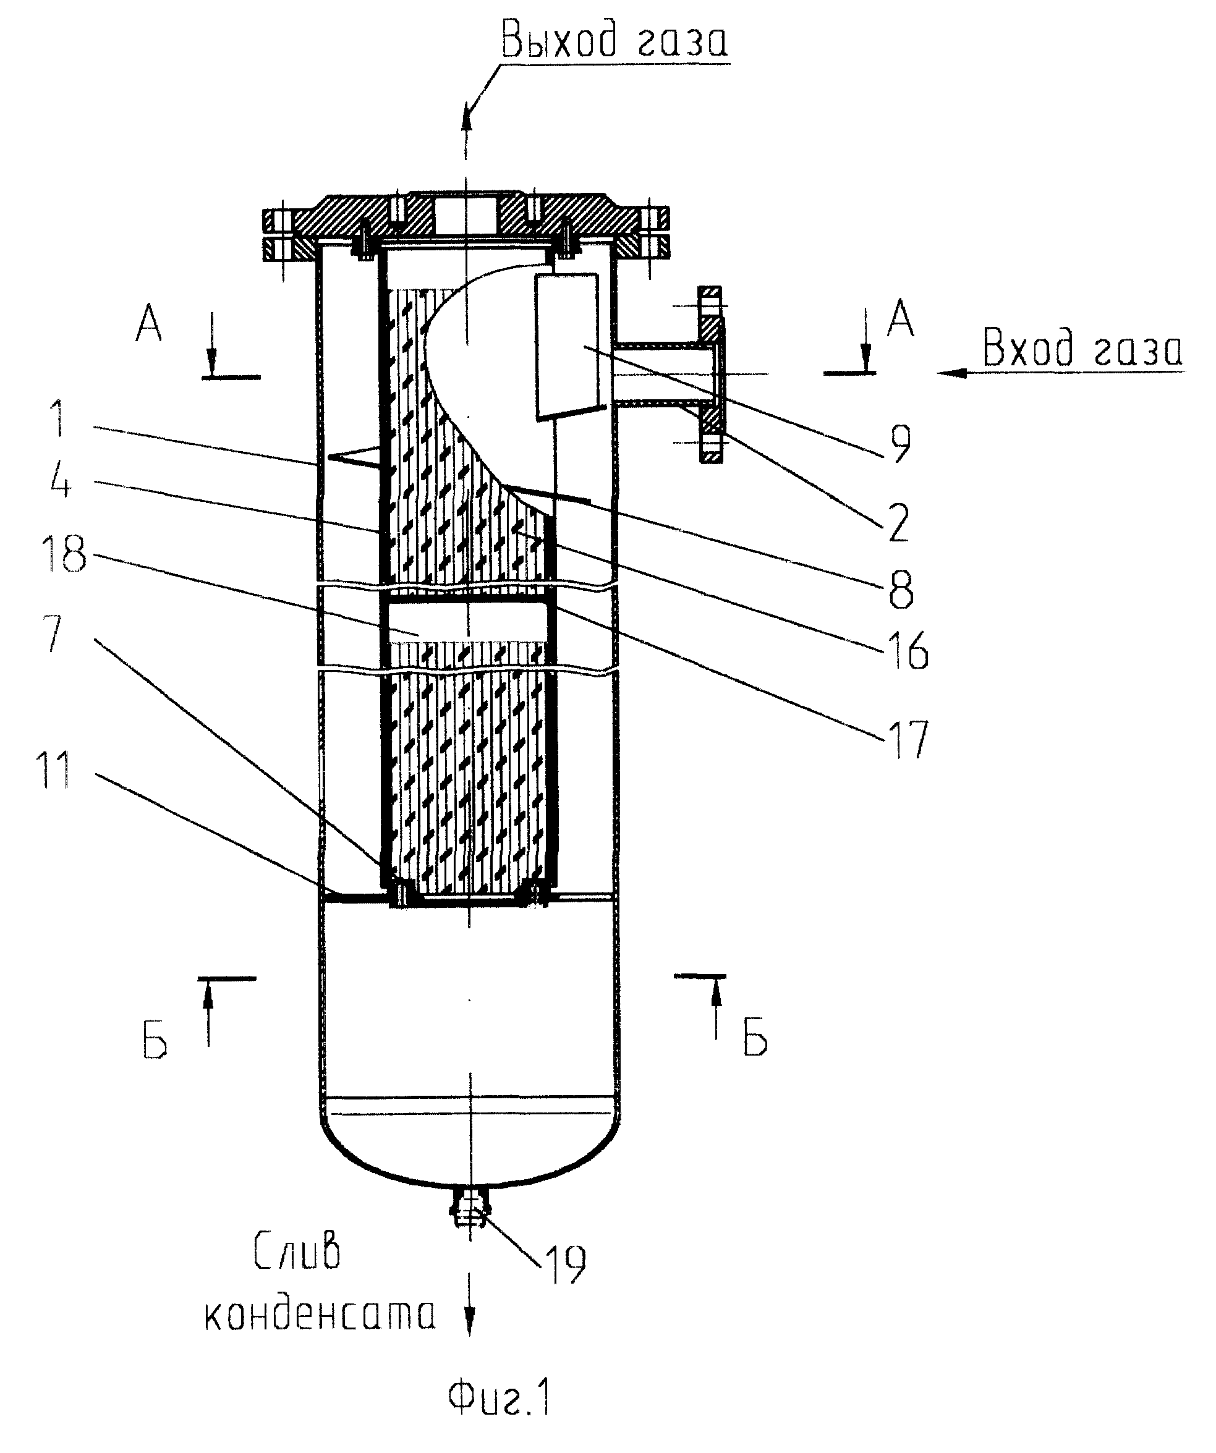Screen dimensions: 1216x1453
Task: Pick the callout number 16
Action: [908, 651]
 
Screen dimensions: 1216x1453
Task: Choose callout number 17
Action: [908, 739]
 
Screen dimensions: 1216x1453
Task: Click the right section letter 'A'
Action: [900, 318]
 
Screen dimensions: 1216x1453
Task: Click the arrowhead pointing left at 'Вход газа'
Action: [951, 372]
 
